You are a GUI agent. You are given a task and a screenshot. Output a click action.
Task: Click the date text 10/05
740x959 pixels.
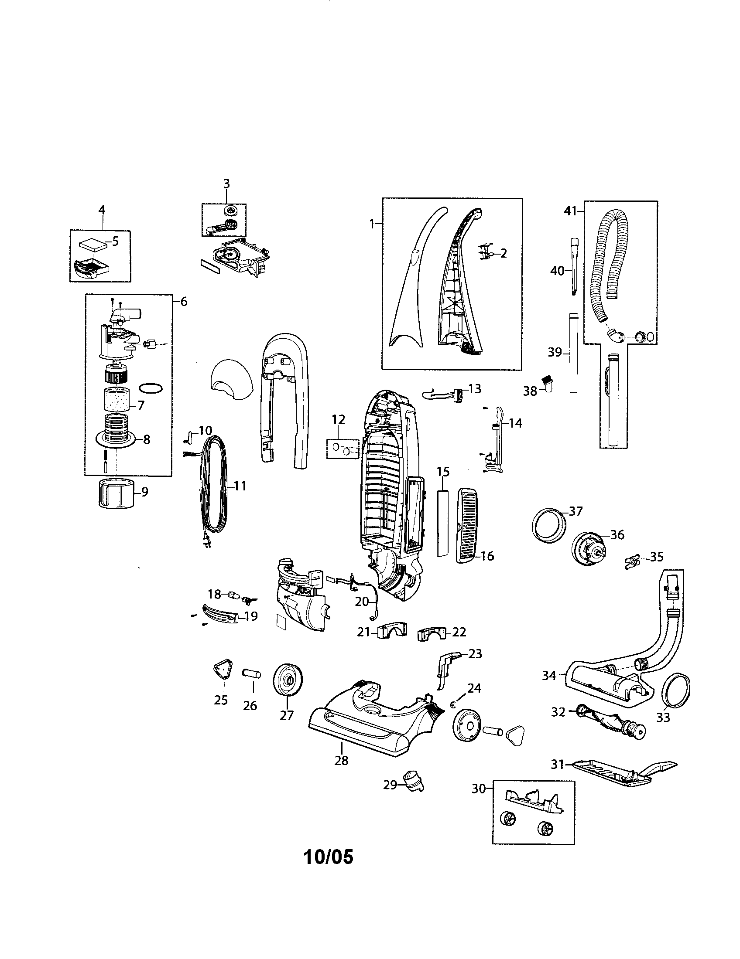[329, 857]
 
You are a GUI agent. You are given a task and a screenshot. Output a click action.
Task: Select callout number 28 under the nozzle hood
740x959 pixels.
[341, 760]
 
